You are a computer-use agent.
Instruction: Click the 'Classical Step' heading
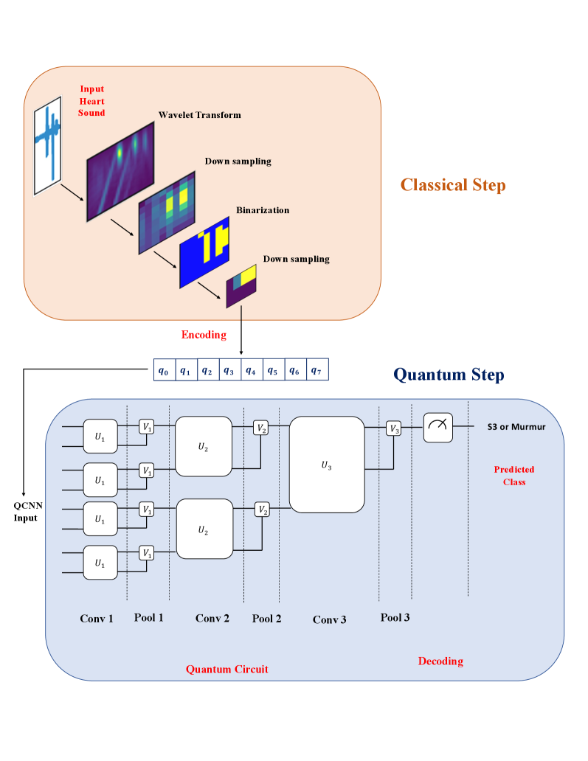pyautogui.click(x=453, y=184)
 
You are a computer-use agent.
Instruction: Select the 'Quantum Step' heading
pyautogui.click(x=449, y=375)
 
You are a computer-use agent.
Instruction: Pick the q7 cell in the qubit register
pyautogui.click(x=317, y=370)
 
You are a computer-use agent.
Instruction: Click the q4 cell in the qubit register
pyautogui.click(x=252, y=371)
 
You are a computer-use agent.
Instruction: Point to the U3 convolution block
pyautogui.click(x=327, y=465)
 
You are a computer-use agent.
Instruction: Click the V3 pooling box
pyautogui.click(x=394, y=428)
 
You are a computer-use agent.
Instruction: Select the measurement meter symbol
pyautogui.click(x=437, y=427)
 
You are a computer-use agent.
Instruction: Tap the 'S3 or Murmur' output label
pyautogui.click(x=516, y=427)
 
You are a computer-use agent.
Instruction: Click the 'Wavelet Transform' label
pyautogui.click(x=199, y=115)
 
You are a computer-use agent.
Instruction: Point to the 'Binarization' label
pyautogui.click(x=263, y=210)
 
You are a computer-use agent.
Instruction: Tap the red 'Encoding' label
pyautogui.click(x=204, y=335)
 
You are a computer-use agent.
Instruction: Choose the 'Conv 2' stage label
pyautogui.click(x=212, y=618)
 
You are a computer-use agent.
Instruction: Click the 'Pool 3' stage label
pyautogui.click(x=395, y=617)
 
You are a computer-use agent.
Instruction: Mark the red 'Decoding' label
pyautogui.click(x=440, y=661)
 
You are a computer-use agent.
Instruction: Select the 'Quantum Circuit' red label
pyautogui.click(x=226, y=669)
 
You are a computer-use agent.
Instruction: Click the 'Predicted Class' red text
pyautogui.click(x=514, y=476)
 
